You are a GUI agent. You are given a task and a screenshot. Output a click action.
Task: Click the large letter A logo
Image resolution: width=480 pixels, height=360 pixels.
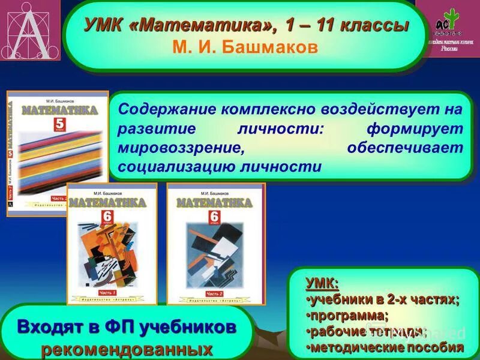29,33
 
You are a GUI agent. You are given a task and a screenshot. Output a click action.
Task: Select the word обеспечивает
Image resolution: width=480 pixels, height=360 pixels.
405,148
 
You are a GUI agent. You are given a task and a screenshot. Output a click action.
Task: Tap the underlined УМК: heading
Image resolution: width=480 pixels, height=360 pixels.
322,283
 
